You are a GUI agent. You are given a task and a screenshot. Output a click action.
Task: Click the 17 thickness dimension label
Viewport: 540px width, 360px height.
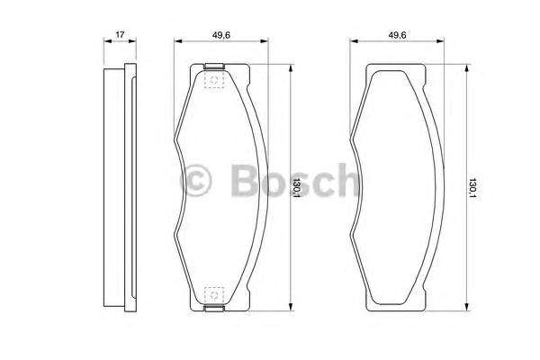pyautogui.click(x=118, y=36)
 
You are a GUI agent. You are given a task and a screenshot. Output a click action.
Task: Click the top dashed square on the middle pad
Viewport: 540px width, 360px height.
pyautogui.click(x=213, y=81)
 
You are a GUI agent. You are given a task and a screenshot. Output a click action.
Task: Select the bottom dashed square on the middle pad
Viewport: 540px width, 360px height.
pyautogui.click(x=213, y=293)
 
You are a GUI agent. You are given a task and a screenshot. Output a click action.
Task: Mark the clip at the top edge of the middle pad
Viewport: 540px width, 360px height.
pyautogui.click(x=213, y=67)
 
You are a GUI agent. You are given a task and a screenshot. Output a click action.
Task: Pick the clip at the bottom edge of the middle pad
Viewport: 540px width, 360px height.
pyautogui.click(x=213, y=310)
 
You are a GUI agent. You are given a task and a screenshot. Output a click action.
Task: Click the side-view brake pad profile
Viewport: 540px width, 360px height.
pyautogui.click(x=118, y=187)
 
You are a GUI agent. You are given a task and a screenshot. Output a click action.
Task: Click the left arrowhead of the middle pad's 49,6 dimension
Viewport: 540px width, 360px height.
pyautogui.click(x=178, y=43)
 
